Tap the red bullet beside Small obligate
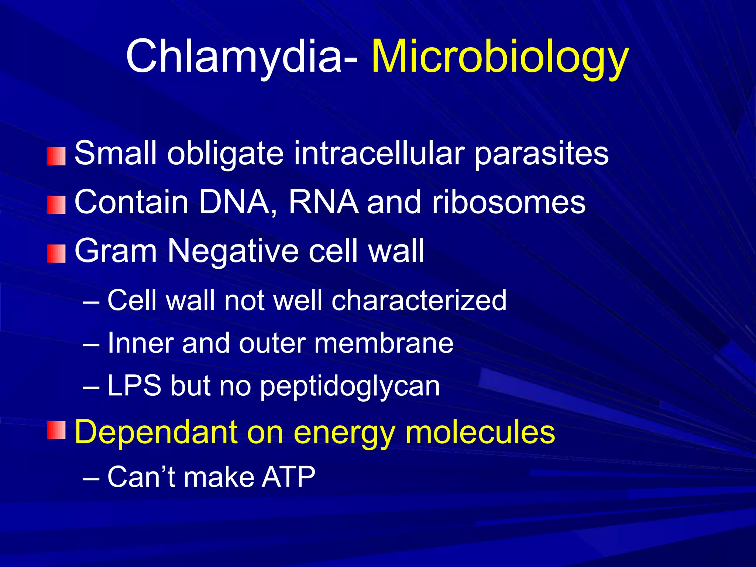tap(56, 156)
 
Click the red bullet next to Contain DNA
tap(56, 205)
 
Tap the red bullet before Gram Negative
tap(56, 254)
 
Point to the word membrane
tap(384, 343)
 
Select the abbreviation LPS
tap(134, 386)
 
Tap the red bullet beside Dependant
tap(56, 430)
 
